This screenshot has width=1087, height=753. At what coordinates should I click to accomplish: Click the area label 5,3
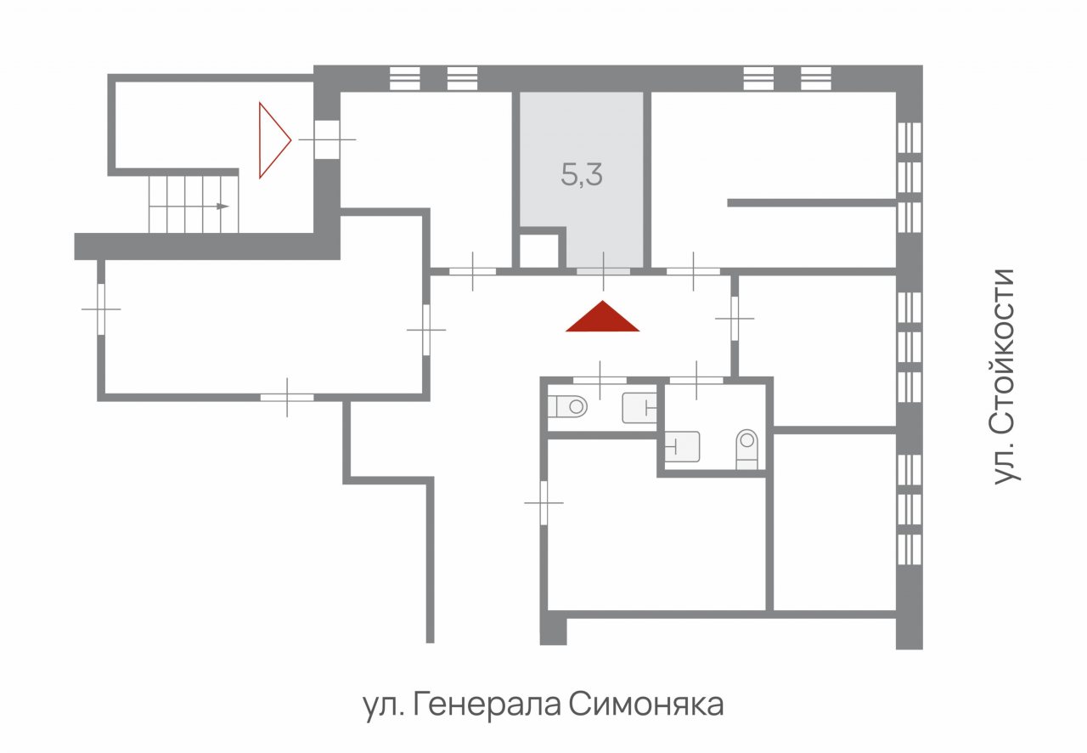[582, 175]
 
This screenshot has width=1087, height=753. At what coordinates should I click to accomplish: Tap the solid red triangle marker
[603, 318]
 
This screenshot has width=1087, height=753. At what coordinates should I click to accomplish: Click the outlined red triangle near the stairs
[273, 140]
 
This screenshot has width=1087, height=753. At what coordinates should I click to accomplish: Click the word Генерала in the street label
[487, 705]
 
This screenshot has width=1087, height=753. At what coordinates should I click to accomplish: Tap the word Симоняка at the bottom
[646, 705]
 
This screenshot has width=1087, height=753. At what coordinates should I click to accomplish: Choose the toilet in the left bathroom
[567, 406]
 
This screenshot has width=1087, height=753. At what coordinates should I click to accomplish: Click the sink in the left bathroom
[639, 408]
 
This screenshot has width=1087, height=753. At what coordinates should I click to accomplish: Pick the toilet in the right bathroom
[746, 449]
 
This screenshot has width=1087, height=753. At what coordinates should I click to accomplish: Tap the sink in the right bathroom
[682, 446]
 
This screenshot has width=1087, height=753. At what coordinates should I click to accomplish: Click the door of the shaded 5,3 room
[603, 272]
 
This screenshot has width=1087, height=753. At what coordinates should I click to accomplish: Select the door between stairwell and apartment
[327, 140]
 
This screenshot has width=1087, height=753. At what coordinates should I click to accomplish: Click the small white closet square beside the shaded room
[538, 251]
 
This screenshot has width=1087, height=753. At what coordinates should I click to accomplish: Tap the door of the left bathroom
[600, 381]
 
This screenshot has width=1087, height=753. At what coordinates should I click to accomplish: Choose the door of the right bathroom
[697, 381]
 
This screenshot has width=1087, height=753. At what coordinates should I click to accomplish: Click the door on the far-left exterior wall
[101, 309]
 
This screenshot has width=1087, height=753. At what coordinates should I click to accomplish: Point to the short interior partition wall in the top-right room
[811, 203]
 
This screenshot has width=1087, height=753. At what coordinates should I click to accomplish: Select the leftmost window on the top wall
[405, 78]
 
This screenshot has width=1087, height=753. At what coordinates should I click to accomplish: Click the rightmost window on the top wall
[816, 78]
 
